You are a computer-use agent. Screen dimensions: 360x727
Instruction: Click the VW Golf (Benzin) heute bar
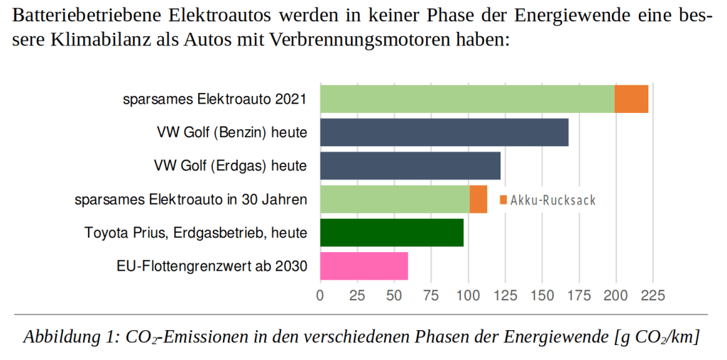pos(444,132)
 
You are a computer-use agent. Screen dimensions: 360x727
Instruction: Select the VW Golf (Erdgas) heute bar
pos(410,165)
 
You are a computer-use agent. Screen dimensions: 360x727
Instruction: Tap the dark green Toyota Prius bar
pos(391,232)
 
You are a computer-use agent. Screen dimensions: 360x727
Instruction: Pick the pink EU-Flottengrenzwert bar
pos(363,266)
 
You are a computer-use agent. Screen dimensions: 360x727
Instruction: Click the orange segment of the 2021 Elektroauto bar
pos(631,99)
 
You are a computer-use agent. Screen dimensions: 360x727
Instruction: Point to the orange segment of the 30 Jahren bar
pos(478,199)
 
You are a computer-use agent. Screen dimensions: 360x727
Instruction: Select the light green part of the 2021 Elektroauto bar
pos(466,99)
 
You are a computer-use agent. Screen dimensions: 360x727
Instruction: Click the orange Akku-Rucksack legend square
pos(503,200)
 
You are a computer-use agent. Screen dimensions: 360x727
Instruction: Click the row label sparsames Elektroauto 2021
pos(214,99)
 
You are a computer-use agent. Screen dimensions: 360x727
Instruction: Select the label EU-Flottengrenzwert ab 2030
pos(212,266)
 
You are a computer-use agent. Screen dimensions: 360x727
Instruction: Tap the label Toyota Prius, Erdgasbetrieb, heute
pos(195,233)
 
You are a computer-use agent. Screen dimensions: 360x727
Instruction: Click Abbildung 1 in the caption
pos(69,337)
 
